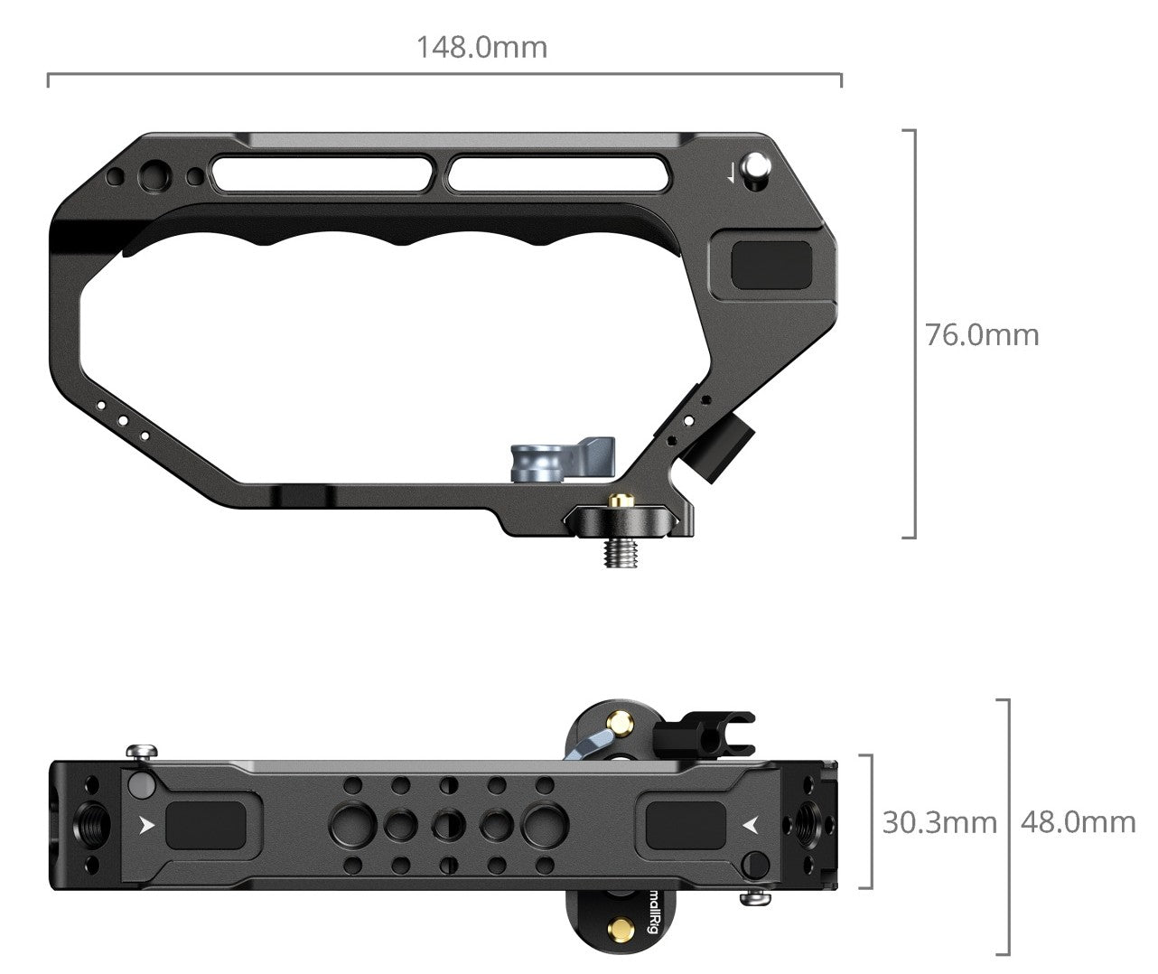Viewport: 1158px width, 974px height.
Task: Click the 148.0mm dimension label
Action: (481, 47)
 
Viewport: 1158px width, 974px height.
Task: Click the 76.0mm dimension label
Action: (982, 335)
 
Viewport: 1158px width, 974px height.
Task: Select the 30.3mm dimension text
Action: (939, 822)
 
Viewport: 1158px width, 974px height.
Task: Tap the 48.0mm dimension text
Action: (1078, 822)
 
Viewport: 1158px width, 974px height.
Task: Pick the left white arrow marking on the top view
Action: (148, 823)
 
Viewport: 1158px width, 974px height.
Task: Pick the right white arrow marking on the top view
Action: (749, 823)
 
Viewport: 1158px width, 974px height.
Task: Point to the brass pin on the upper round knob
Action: (619, 722)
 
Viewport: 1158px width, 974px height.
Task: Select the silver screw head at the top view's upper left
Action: (142, 751)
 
